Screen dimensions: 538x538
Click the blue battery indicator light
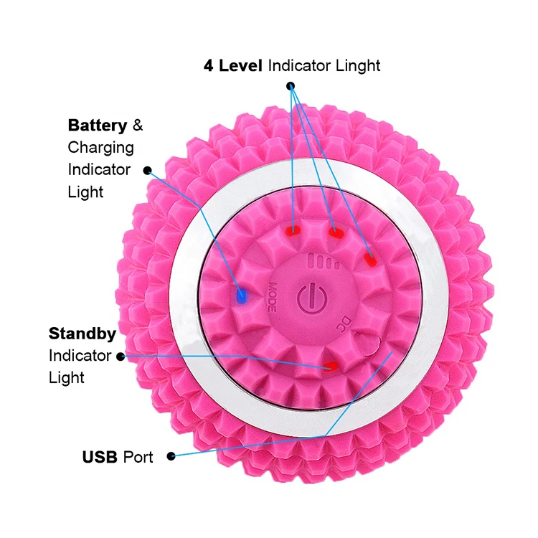point(242,295)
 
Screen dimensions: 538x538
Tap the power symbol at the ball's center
point(312,298)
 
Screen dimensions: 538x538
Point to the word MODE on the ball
point(272,297)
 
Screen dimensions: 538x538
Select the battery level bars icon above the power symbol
point(324,261)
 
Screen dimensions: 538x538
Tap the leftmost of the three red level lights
point(293,230)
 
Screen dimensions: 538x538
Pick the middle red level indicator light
point(336,232)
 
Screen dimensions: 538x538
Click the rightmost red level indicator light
point(370,260)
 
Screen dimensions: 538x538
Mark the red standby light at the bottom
point(331,367)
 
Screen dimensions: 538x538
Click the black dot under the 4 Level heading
point(291,86)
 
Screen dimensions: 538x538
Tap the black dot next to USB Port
point(171,456)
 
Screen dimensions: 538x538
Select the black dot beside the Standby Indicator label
point(121,357)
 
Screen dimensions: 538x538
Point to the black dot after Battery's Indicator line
point(148,171)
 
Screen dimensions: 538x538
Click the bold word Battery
point(98,126)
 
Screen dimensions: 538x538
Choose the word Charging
point(101,148)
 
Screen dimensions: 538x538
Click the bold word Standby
point(82,334)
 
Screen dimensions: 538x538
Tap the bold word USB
point(100,457)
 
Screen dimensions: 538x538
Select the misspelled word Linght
point(358,66)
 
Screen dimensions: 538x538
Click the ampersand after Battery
point(138,126)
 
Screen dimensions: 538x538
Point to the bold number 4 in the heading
point(208,65)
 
